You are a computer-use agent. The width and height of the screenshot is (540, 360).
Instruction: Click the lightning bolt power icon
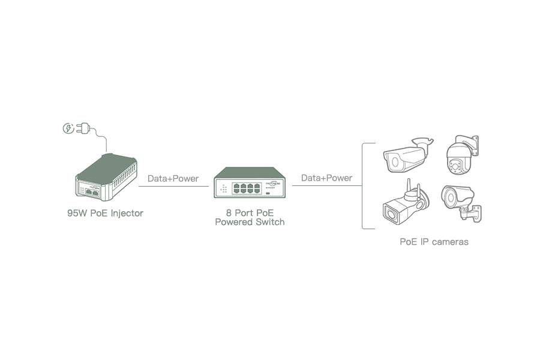point(68,128)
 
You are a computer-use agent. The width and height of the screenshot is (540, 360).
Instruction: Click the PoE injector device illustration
point(107,176)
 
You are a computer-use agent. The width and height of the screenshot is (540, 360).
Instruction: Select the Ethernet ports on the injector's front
point(92,191)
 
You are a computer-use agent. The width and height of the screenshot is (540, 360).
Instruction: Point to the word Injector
point(127,213)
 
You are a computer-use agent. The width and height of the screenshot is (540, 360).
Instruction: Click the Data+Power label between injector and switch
point(173,178)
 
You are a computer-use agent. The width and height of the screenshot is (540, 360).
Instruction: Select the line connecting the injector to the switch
point(173,186)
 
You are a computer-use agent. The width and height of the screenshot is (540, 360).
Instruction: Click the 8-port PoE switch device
point(250,182)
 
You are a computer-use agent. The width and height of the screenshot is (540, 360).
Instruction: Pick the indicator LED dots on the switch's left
point(224,188)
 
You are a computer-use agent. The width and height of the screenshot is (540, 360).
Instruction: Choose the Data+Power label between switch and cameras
point(326,178)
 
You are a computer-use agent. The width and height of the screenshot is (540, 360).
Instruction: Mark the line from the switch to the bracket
point(326,186)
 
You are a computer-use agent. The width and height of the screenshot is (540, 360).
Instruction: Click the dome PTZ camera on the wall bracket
point(462,154)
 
